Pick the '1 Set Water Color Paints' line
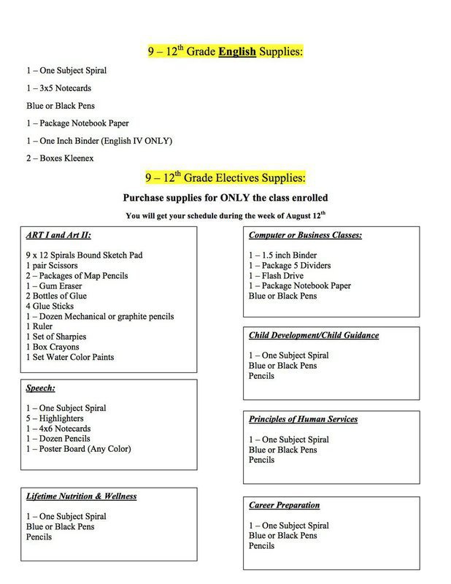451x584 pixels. tap(70, 357)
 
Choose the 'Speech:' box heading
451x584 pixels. tap(40, 389)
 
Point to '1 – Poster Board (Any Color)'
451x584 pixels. tap(78, 449)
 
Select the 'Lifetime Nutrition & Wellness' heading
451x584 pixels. tap(81, 496)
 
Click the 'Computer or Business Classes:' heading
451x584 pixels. tap(305, 236)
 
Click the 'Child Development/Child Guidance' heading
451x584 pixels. tap(314, 335)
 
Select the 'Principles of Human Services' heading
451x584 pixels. tap(303, 420)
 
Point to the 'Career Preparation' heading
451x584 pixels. tap(284, 504)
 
